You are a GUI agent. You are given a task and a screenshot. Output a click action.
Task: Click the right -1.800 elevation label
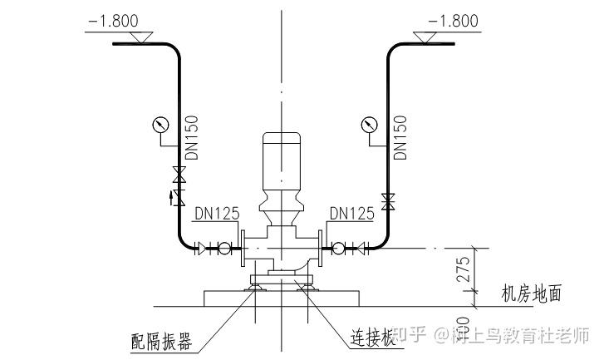pyautogui.click(x=454, y=21)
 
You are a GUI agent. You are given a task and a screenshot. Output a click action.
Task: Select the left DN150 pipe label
pyautogui.click(x=192, y=137)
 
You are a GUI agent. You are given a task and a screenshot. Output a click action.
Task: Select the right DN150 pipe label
pyautogui.click(x=400, y=137)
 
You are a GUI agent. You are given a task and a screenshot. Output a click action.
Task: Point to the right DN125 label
pyautogui.click(x=351, y=214)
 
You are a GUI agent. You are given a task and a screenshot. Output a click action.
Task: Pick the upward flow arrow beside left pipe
pyautogui.click(x=172, y=197)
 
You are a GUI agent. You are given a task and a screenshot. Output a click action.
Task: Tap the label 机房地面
pyautogui.click(x=532, y=293)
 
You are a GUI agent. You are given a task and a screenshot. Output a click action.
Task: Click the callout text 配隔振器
pyautogui.click(x=163, y=342)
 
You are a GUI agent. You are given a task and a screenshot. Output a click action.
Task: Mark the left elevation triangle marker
pyautogui.click(x=142, y=37)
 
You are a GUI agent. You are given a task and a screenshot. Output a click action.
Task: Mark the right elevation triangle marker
pyautogui.click(x=430, y=37)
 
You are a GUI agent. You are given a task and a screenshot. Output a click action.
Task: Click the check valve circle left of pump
pyautogui.click(x=223, y=247)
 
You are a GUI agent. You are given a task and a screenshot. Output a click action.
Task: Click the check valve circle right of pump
pyautogui.click(x=338, y=247)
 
